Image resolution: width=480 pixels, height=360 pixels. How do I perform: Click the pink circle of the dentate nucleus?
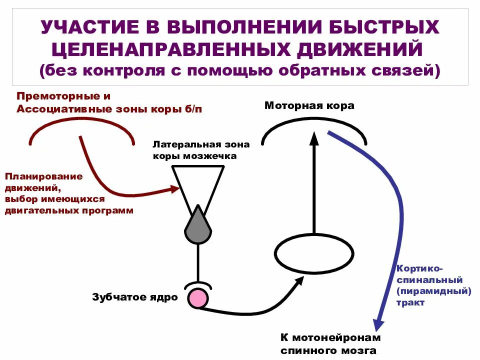tap(198, 298)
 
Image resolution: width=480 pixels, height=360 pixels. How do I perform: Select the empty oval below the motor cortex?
tap(313, 253)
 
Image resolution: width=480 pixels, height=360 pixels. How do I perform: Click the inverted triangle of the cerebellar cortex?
tap(198, 182)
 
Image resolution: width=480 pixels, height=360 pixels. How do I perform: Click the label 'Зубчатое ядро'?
tap(135, 297)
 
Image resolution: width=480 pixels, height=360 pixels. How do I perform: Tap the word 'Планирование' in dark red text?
tap(44, 176)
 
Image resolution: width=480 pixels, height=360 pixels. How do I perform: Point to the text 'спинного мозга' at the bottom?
tap(328, 351)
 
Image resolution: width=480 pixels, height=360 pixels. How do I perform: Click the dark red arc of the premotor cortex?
tap(81, 123)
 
